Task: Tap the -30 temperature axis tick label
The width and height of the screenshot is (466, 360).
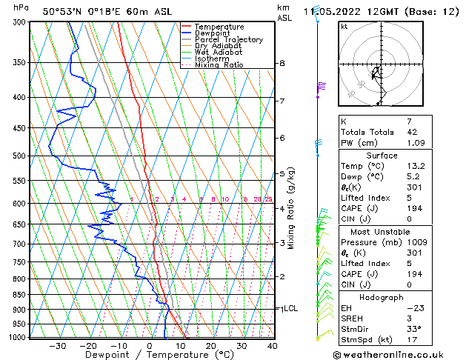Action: click(57, 345)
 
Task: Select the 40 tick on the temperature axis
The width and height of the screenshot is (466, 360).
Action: click(272, 345)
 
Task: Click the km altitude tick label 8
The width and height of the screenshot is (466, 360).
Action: click(282, 64)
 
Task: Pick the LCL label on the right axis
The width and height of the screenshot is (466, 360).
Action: click(290, 308)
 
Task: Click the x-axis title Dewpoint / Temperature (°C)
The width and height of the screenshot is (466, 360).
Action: click(149, 355)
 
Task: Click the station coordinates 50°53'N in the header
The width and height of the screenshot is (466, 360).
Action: click(60, 11)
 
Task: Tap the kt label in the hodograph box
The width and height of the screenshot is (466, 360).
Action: click(344, 26)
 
